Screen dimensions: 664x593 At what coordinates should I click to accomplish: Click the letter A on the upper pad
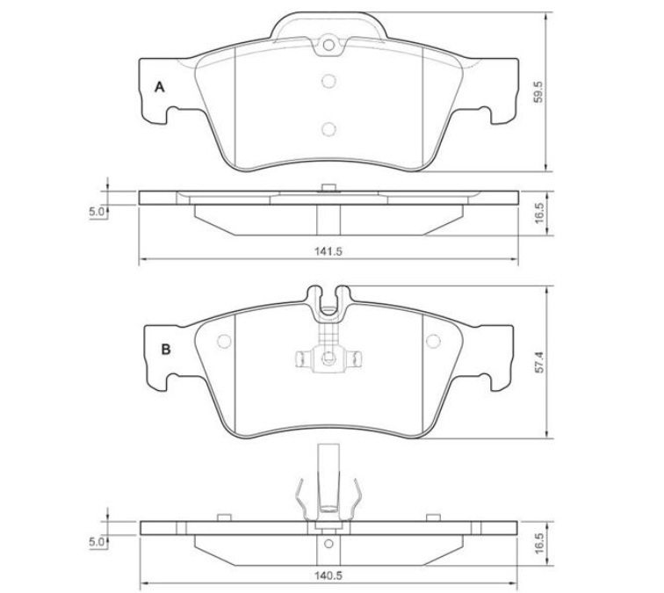coord(159,87)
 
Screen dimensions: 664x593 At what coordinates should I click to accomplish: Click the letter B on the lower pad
coord(166,350)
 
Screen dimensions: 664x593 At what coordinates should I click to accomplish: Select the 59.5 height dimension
coord(538,92)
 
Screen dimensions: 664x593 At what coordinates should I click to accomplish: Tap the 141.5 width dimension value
coord(328,251)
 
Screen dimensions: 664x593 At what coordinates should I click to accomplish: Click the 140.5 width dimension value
coord(328,576)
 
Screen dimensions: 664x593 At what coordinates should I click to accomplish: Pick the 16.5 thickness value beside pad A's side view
coord(538,213)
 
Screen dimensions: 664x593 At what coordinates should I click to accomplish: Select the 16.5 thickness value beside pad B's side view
coord(538,544)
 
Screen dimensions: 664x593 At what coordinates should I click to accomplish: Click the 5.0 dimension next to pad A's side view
coord(97,213)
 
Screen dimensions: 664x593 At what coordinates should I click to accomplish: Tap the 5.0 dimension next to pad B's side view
coord(97,542)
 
